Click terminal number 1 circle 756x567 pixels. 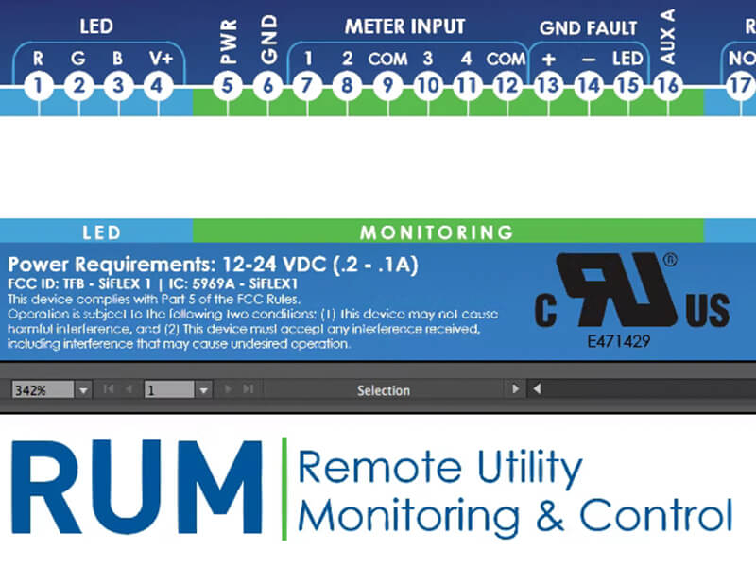point(39,87)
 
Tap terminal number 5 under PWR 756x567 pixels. point(228,87)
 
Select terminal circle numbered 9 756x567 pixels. point(387,87)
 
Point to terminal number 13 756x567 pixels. point(548,87)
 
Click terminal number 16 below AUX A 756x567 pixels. point(667,87)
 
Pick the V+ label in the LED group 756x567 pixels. point(160,59)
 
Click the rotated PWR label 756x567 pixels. point(228,42)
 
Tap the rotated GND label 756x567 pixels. point(267,40)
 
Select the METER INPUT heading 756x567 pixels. point(404,27)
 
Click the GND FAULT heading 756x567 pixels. point(588,28)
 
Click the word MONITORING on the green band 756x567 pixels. point(437,232)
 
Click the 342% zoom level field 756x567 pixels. point(42,389)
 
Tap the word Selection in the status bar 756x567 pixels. point(384,389)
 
